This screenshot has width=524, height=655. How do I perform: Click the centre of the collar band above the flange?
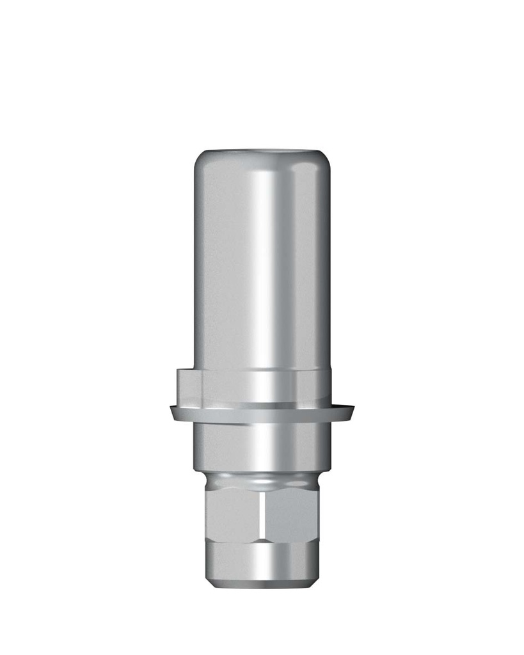tap(262, 388)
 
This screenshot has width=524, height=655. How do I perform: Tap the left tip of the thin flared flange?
tap(164, 408)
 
